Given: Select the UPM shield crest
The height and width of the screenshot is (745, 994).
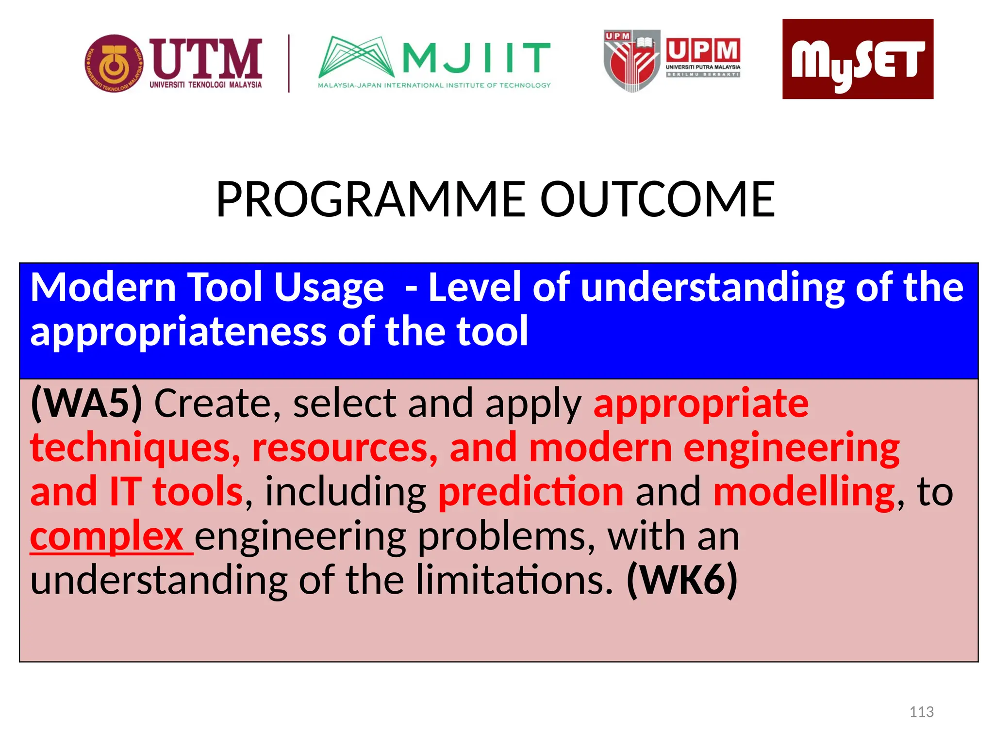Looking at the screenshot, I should (x=631, y=61).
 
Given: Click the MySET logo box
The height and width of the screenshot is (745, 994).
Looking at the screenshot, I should (x=857, y=59).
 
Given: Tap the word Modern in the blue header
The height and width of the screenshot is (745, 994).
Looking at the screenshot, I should (x=103, y=288).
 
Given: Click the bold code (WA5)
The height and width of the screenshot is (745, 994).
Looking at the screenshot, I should (x=86, y=403).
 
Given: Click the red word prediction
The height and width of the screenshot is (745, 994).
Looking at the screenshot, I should (x=530, y=491).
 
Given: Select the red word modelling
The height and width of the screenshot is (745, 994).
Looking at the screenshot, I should (x=804, y=491).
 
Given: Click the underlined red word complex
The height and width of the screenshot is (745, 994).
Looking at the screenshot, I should (x=107, y=536).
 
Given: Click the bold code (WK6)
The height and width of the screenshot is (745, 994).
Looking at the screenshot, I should (x=682, y=580).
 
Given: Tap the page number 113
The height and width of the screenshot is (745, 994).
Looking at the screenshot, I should (x=921, y=712).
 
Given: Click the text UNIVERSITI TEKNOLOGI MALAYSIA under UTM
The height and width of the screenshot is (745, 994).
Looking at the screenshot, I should (x=205, y=85).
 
